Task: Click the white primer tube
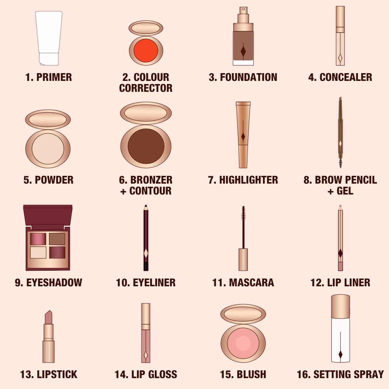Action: coord(49,37)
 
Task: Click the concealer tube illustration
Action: coord(340,37)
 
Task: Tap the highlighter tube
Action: coord(243,134)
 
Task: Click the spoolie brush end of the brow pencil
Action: coord(341,162)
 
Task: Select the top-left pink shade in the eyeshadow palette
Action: coord(38,238)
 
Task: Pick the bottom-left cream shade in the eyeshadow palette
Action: coord(38,252)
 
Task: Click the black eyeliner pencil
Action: coord(146,237)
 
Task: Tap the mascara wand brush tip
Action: coord(244,213)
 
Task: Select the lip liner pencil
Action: coord(340,237)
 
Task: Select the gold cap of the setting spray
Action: coord(340,305)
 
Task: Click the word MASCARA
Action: coord(251,282)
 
